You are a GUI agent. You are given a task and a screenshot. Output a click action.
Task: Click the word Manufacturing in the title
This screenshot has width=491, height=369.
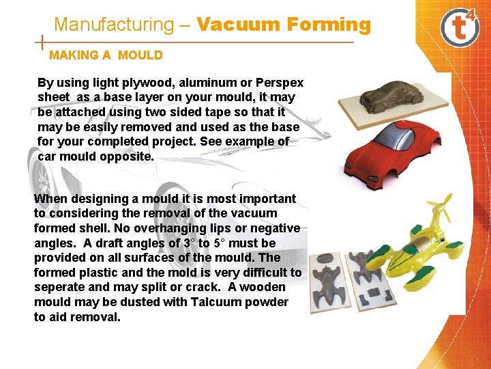114,25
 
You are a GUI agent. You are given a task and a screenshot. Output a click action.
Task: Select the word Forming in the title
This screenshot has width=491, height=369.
329,25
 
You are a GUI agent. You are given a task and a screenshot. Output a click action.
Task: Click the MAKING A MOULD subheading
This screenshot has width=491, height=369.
106,55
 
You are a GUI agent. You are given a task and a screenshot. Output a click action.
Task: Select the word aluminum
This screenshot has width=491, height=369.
206,83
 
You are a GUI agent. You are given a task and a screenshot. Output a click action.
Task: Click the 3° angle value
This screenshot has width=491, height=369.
188,243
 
